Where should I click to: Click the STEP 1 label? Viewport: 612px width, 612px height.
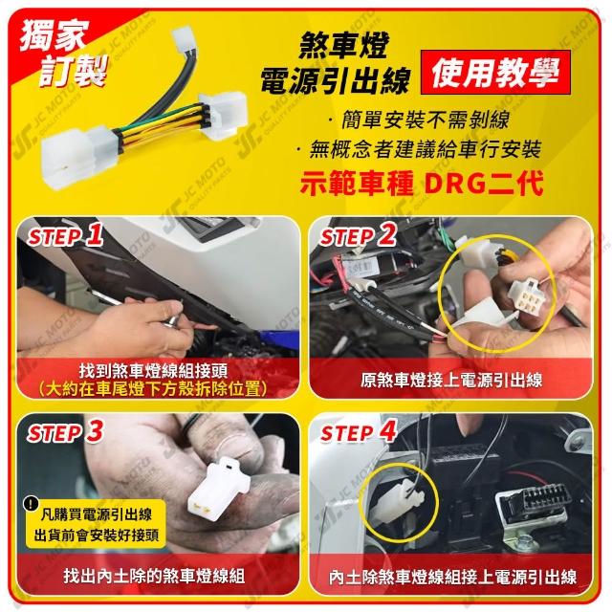65,235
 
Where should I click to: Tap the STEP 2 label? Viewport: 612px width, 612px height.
358,235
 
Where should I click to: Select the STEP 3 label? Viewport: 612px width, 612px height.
65,432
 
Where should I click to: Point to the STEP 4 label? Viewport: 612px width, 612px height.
358,432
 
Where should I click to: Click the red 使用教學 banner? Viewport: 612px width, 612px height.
495,73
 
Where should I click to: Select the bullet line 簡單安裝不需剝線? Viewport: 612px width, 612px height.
421,120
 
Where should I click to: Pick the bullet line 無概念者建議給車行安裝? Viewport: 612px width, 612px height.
420,149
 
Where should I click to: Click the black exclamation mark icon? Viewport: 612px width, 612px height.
31,504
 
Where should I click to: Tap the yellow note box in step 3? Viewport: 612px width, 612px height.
96,524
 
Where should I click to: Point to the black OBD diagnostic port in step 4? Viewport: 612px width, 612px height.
531,504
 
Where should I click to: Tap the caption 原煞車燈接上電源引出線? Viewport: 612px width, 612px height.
451,381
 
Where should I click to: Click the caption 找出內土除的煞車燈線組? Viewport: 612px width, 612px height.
155,576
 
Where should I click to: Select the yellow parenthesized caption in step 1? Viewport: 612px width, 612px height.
153,389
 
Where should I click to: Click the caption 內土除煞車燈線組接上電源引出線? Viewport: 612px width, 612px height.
452,578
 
